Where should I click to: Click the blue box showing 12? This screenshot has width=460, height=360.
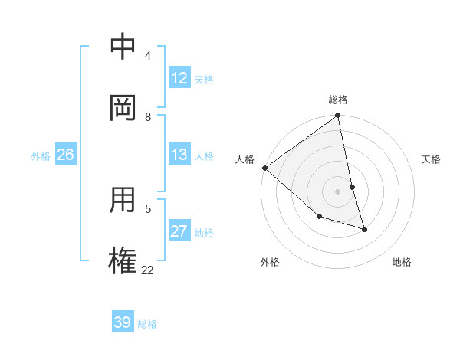179,78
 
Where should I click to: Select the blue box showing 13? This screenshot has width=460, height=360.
179,155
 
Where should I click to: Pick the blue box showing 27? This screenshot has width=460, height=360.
179,232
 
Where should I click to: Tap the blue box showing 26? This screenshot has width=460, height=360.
65,155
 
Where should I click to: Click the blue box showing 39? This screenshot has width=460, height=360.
123,323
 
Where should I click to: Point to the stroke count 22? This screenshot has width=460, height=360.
148,270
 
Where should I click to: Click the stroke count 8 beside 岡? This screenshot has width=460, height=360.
148,117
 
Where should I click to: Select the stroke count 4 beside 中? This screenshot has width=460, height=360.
148,56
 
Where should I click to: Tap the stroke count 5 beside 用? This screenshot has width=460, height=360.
148,208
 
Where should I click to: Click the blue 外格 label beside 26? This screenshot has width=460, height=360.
41,156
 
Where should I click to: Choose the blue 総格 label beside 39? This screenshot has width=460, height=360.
147,324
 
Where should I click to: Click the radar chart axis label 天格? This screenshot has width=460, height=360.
431,159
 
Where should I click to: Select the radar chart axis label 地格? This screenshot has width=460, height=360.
402,262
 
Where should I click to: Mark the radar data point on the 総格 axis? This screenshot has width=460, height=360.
337,116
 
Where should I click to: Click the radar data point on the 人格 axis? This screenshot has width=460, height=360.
264,168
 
